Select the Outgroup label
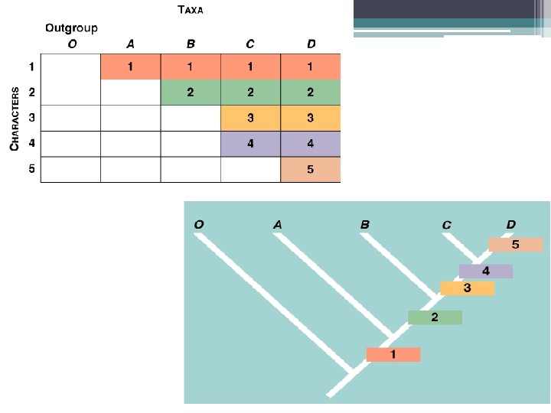click(x=70, y=28)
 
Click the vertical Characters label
click(x=15, y=119)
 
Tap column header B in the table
click(x=191, y=44)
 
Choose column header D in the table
click(x=311, y=44)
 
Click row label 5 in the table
click(x=31, y=169)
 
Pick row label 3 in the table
click(x=31, y=118)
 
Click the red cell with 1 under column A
click(x=130, y=67)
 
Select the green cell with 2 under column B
click(x=191, y=93)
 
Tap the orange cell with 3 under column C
click(x=250, y=118)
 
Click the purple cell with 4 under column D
click(x=311, y=144)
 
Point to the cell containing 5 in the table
click(x=311, y=169)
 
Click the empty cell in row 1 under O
click(x=70, y=67)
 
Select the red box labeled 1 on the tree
click(x=393, y=355)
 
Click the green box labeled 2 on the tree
click(x=435, y=317)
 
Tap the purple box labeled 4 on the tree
click(x=486, y=271)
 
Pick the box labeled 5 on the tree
click(x=515, y=245)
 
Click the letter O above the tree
click(x=199, y=224)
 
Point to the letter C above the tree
click(x=446, y=225)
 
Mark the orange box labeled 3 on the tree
click(x=467, y=288)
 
